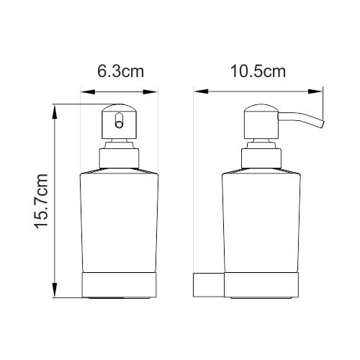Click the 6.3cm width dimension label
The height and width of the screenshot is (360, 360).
(x=119, y=73)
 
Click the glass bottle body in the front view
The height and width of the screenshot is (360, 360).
(x=119, y=220)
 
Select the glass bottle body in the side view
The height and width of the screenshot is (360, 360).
(x=260, y=220)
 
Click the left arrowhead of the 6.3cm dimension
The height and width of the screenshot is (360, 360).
(x=84, y=91)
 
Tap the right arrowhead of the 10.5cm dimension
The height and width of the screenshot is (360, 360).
(x=319, y=91)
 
